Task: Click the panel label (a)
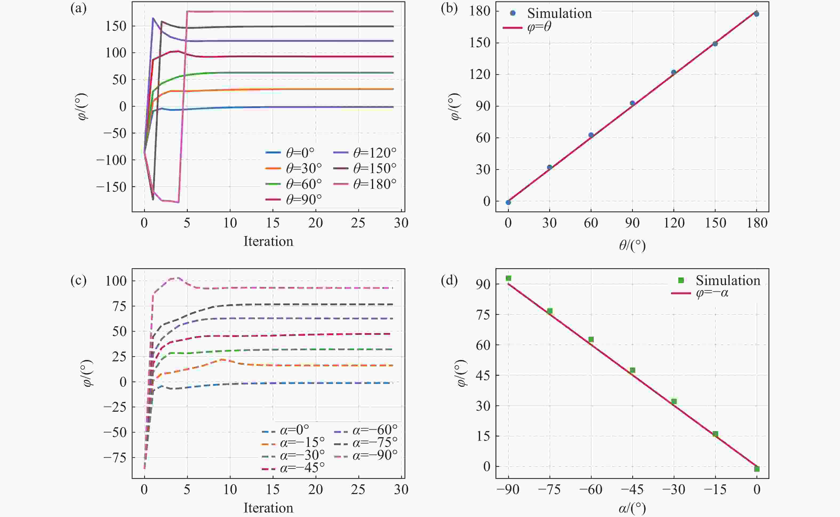pos(78,9)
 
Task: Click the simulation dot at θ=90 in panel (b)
pos(633,103)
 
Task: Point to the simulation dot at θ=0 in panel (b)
pos(508,202)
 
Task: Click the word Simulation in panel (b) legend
pos(559,13)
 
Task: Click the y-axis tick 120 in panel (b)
pos(480,75)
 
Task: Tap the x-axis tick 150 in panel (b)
pos(715,223)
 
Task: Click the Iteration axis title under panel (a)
pos(268,241)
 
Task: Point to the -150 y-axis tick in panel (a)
pos(111,187)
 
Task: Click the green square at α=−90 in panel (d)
pos(508,278)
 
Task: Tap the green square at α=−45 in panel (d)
pos(633,370)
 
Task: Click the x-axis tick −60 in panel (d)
pos(591,490)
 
